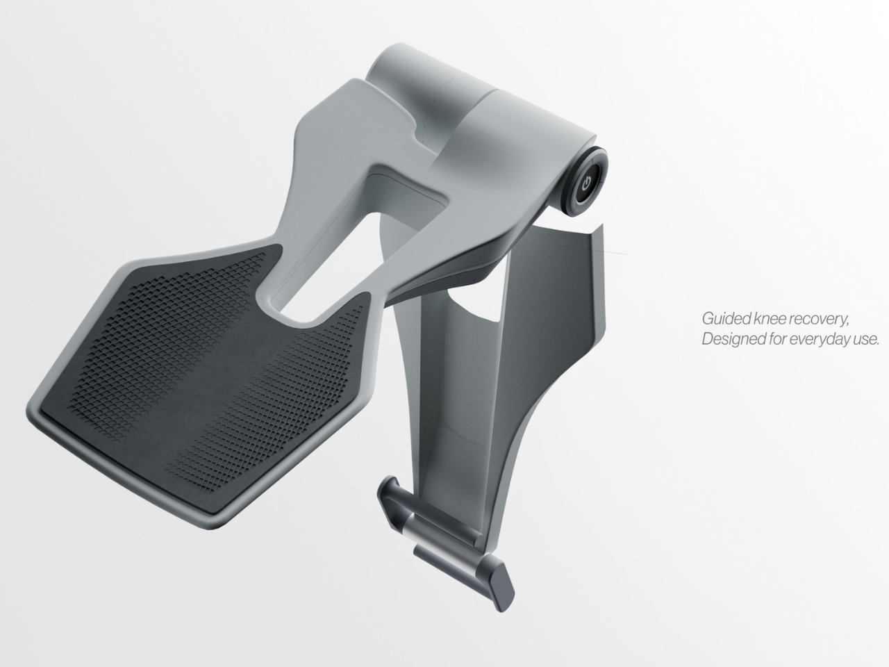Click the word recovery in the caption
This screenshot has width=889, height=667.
click(820, 320)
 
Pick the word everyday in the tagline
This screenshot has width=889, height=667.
click(817, 340)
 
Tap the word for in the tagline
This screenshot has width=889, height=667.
click(775, 340)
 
